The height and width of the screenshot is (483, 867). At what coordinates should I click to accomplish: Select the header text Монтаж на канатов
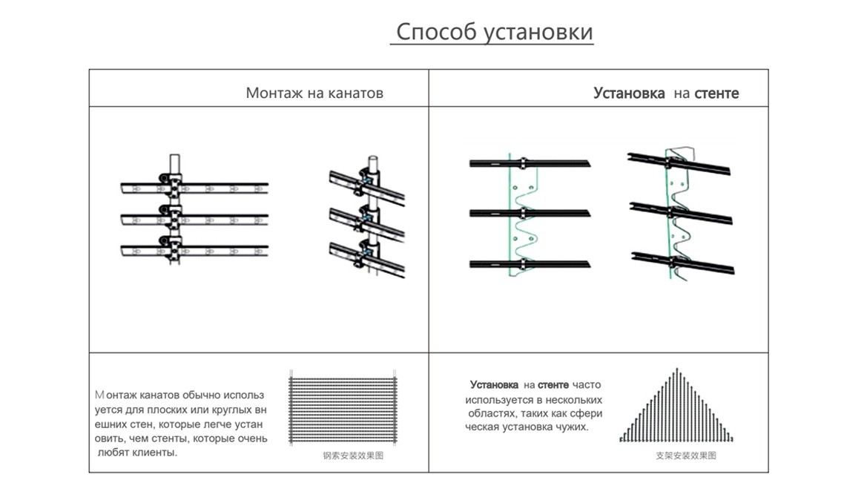click(x=314, y=93)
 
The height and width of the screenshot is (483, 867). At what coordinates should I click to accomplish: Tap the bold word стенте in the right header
click(x=716, y=93)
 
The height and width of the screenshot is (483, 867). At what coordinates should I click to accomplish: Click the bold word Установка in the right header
click(x=629, y=93)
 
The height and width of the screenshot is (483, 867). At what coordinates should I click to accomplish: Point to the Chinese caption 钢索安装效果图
click(x=353, y=456)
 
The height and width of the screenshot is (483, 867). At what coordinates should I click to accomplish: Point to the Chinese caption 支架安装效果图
click(x=686, y=456)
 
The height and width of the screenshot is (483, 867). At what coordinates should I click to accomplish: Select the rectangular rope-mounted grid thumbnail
click(x=342, y=409)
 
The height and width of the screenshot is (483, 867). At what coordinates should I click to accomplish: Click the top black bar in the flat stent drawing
click(x=529, y=162)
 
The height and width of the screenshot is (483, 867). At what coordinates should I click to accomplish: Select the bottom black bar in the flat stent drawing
click(x=529, y=264)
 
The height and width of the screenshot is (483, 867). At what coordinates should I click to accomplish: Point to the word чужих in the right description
click(x=570, y=427)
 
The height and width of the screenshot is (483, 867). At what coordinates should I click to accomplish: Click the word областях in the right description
click(x=489, y=413)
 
